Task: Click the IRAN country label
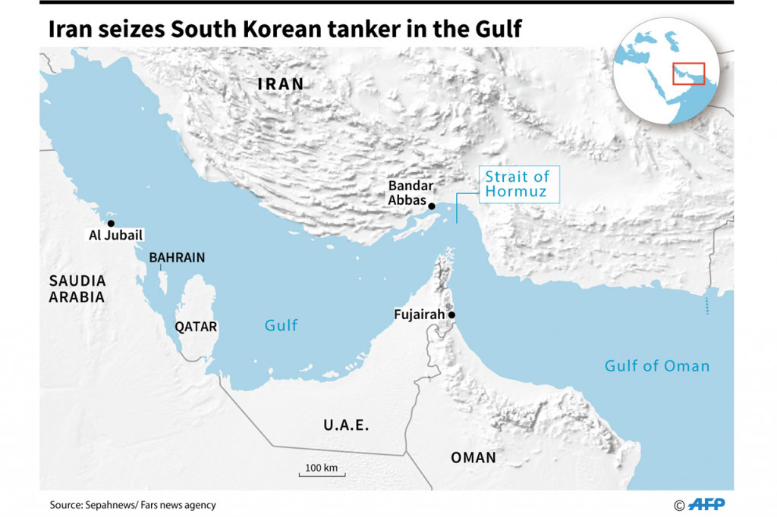(281, 84)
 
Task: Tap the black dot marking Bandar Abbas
(432, 206)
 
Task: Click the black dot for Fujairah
(451, 315)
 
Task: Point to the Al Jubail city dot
(111, 224)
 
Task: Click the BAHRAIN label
(177, 258)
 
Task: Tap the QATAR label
(196, 327)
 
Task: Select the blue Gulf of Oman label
(656, 366)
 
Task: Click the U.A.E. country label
(346, 425)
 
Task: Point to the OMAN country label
(473, 457)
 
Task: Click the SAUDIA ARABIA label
(77, 289)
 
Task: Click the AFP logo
(706, 504)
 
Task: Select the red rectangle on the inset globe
(688, 74)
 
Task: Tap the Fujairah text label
(419, 315)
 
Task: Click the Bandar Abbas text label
(410, 193)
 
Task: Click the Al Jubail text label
(115, 236)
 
